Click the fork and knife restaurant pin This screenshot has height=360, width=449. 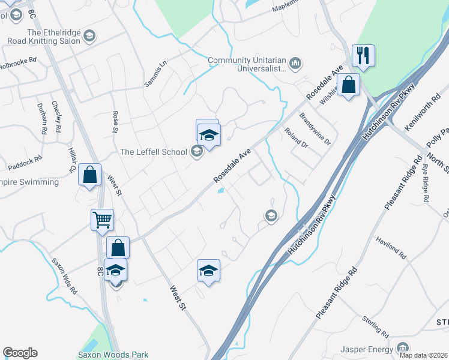click(363, 56)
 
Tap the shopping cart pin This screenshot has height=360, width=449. click(102, 220)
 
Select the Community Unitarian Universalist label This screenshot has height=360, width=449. click(247, 65)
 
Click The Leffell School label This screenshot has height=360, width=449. click(154, 152)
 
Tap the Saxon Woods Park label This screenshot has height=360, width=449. click(113, 355)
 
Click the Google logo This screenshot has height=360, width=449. click(20, 353)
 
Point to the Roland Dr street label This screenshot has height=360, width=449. click(296, 140)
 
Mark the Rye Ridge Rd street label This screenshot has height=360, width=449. click(427, 182)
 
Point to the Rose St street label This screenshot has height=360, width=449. click(115, 120)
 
